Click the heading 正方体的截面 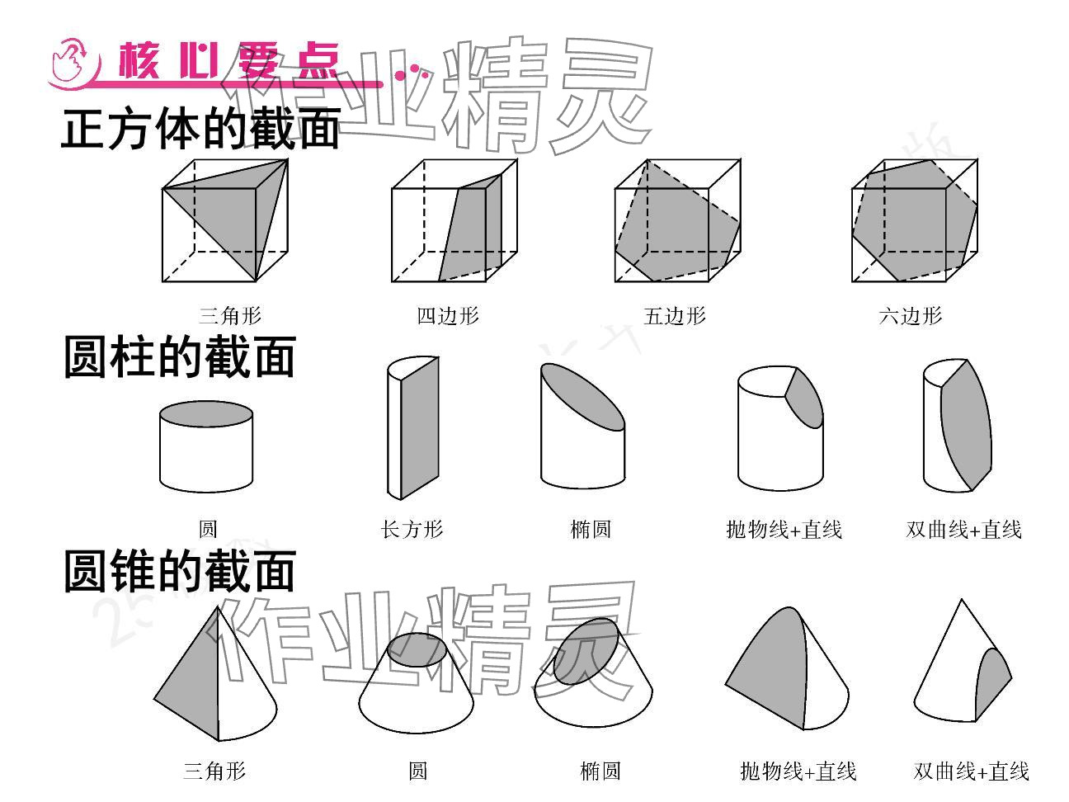[x=200, y=130]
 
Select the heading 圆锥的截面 [x=179, y=571]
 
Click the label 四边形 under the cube [x=447, y=315]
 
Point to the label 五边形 [x=675, y=315]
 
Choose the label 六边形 [x=910, y=315]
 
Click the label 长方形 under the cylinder [x=412, y=529]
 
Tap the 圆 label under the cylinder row [x=207, y=529]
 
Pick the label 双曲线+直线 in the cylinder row [x=963, y=529]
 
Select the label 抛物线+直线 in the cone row [x=798, y=771]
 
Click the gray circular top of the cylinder [x=205, y=414]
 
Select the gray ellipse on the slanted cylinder [x=582, y=396]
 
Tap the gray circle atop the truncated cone [x=419, y=649]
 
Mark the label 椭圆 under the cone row [x=600, y=771]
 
